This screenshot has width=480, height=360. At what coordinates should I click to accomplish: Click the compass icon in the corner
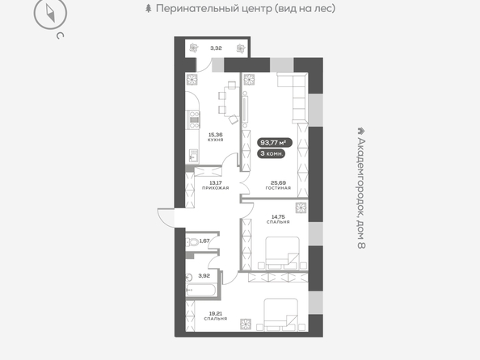[x=51, y=14]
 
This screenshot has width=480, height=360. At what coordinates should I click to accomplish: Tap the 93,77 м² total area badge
[x=273, y=143]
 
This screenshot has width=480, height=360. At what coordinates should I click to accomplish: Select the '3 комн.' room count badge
[x=272, y=153]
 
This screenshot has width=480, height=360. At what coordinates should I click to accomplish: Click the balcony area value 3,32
[x=216, y=48]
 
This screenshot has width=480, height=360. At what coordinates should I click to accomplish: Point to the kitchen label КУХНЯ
[x=216, y=140]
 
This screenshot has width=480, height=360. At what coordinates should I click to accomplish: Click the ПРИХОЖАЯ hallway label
[x=216, y=188]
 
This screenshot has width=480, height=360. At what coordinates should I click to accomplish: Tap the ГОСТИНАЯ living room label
[x=278, y=188]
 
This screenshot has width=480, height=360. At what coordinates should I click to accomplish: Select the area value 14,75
[x=278, y=217]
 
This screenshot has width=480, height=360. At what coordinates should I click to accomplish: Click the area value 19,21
[x=216, y=313]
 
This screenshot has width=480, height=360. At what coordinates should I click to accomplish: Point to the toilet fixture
[x=192, y=242]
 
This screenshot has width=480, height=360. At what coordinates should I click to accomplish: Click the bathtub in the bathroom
[x=200, y=290]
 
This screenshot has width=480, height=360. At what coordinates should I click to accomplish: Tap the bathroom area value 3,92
[x=204, y=275]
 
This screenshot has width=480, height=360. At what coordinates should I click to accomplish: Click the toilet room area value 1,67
[x=204, y=241]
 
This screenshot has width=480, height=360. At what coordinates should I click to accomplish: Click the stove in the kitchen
[x=194, y=120]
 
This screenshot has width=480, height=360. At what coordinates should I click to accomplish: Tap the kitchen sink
[x=194, y=156]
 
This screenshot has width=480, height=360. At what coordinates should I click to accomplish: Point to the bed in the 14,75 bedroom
[x=282, y=253]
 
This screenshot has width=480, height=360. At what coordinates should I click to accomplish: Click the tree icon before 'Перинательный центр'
[x=149, y=8]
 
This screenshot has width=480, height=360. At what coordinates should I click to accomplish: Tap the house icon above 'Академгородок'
[x=362, y=131]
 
